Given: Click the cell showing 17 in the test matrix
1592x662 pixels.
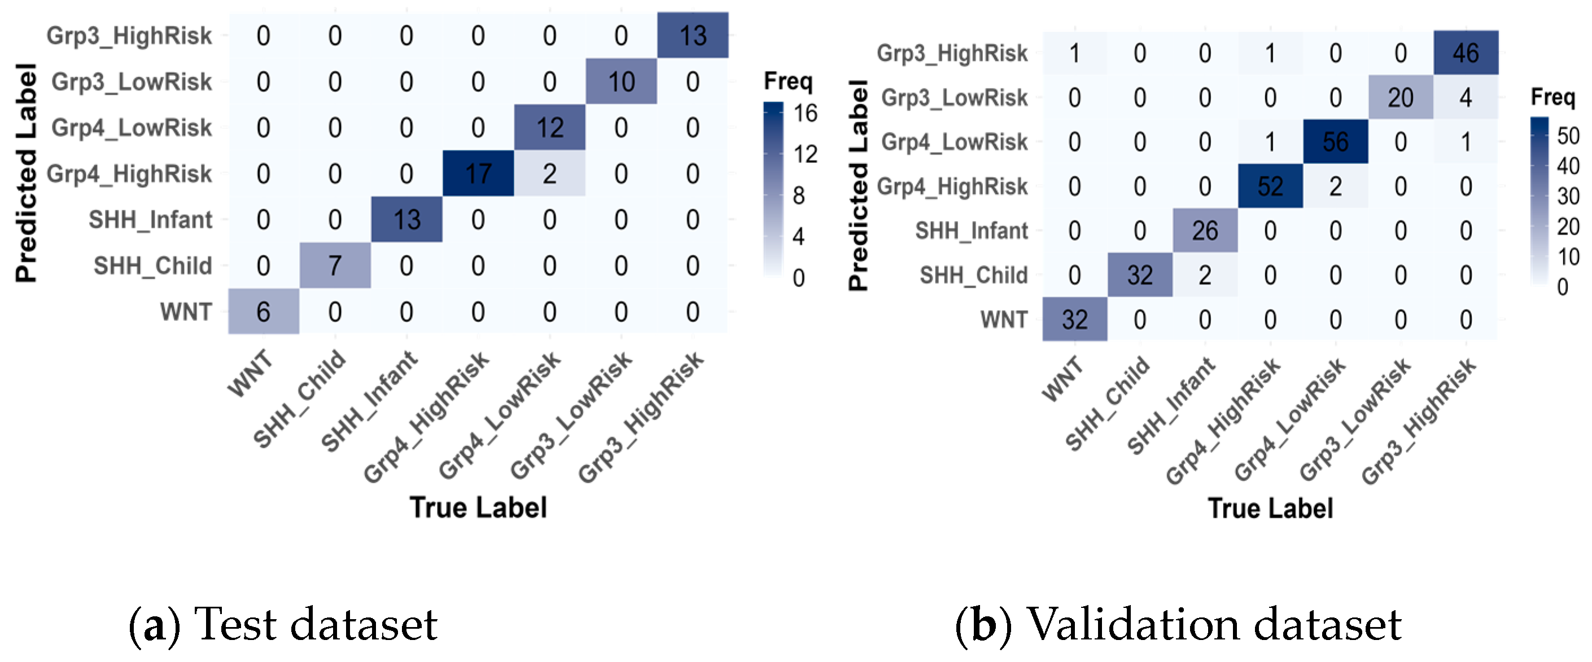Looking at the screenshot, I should (478, 174).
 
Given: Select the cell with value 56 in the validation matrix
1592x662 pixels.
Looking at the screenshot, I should (1335, 142).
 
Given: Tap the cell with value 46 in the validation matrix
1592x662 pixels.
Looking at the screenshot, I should (1466, 53).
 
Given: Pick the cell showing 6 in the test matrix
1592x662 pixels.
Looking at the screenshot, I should (263, 311).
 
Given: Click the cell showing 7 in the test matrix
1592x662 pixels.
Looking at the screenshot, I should (334, 266).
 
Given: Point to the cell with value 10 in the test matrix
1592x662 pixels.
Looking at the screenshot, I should (620, 82).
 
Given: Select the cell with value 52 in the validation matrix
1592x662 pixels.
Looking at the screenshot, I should (1270, 187).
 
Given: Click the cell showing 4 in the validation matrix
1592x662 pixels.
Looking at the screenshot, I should (1466, 98).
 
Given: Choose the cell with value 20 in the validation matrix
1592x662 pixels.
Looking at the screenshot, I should (1400, 98).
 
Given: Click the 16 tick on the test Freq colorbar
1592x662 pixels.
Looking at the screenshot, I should (804, 113).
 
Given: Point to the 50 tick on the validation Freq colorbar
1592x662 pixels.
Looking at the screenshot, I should (1568, 135).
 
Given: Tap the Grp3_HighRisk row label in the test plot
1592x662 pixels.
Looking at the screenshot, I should (129, 36).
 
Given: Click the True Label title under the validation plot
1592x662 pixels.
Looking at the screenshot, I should (1270, 508).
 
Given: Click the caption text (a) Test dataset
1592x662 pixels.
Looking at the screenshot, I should (283, 624).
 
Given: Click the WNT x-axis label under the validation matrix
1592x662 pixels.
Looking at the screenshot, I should (1062, 379).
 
